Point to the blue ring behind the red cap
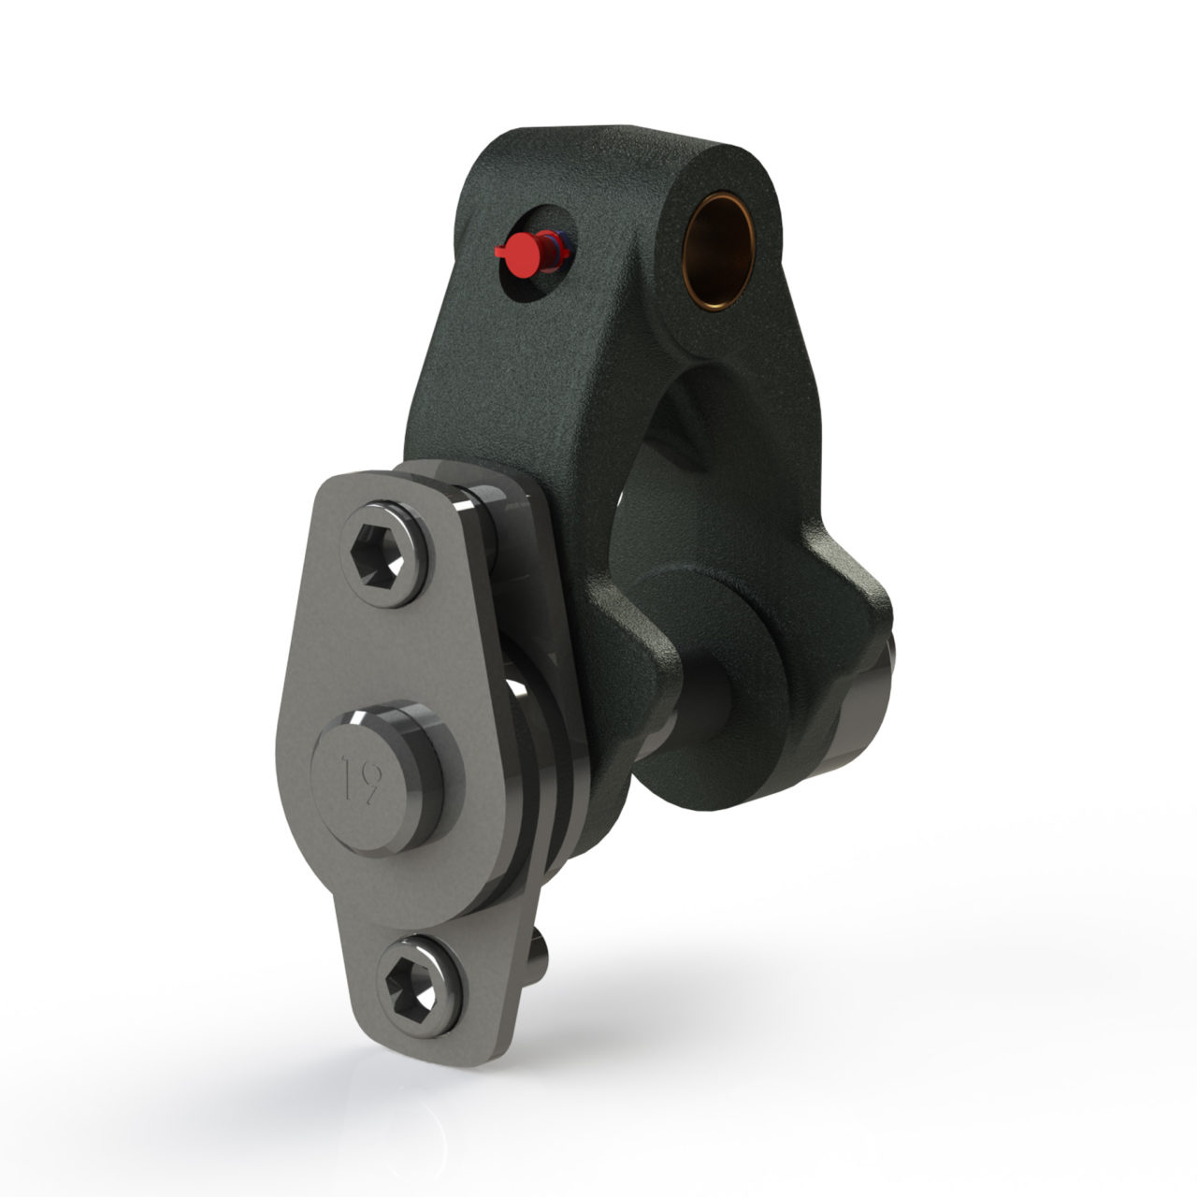tap(560, 246)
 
